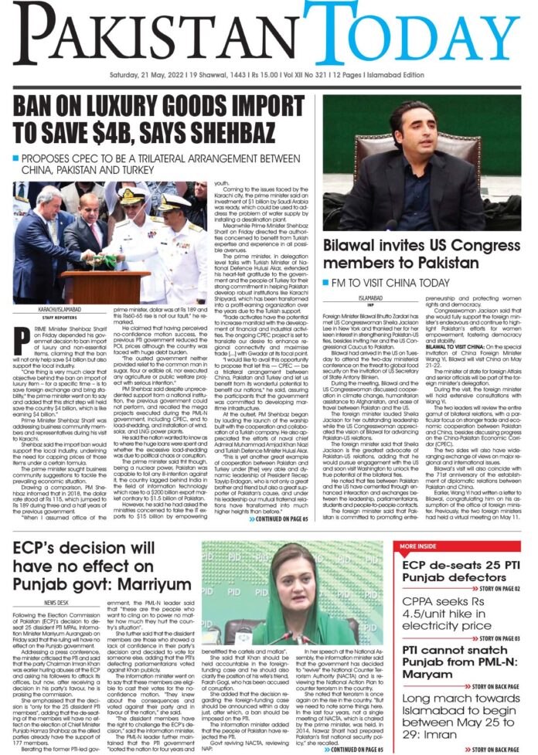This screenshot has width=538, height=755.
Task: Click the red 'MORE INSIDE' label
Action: [421, 546]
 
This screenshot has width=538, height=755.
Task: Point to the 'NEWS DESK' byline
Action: [59, 601]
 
